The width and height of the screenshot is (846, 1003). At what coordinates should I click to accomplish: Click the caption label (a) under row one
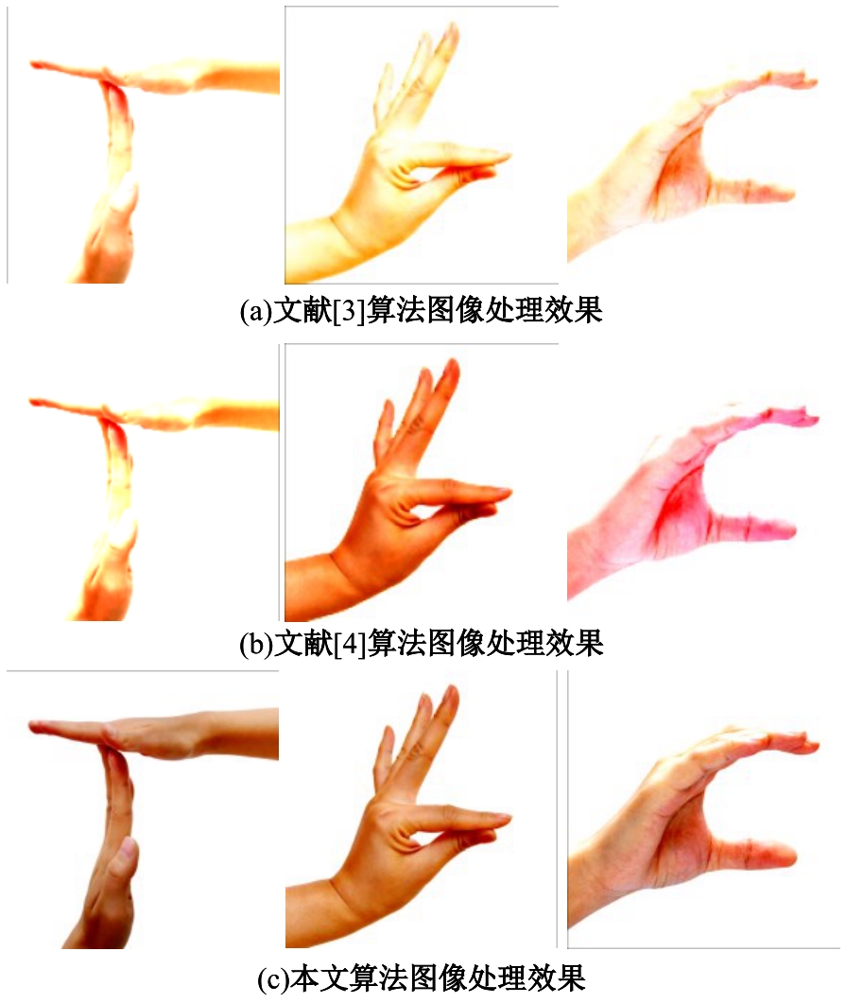pyautogui.click(x=255, y=312)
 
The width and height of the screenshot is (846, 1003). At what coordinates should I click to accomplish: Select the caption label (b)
pyautogui.click(x=256, y=644)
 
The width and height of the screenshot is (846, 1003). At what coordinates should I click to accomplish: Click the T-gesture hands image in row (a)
pyautogui.click(x=144, y=146)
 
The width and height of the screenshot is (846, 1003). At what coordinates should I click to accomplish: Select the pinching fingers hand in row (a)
pyautogui.click(x=422, y=146)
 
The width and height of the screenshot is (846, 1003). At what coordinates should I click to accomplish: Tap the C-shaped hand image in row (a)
pyautogui.click(x=693, y=166)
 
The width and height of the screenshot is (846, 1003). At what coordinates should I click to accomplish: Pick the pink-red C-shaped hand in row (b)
pyautogui.click(x=693, y=502)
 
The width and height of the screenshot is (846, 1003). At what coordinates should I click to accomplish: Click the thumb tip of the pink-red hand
pyautogui.click(x=786, y=531)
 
